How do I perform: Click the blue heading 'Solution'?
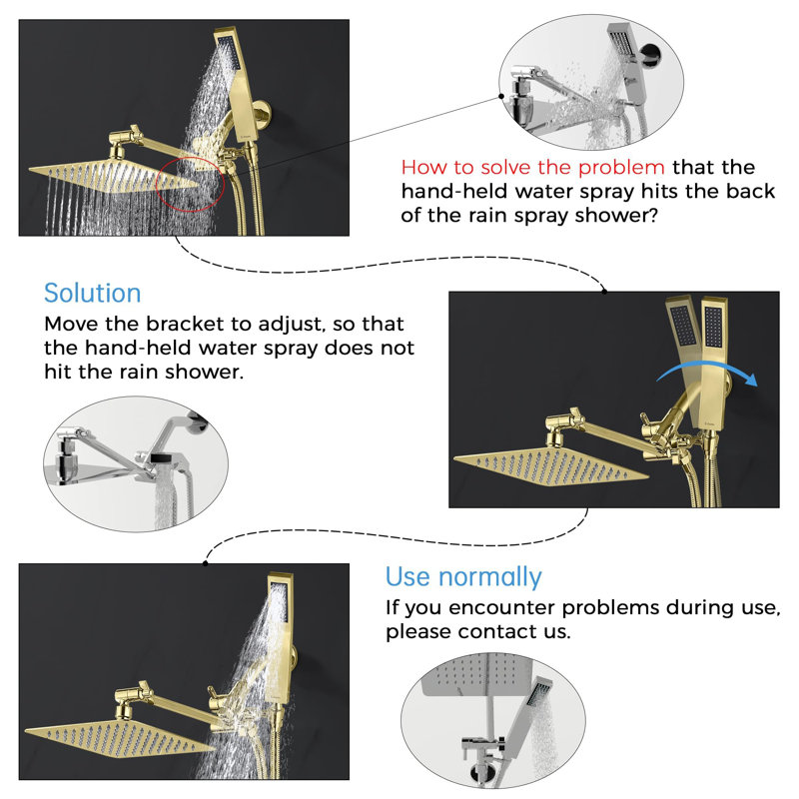[x=92, y=293]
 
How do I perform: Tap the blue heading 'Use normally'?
[x=463, y=577]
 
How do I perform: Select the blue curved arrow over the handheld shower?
[x=707, y=372]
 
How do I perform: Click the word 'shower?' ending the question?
[x=616, y=215]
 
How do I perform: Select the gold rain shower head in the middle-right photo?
[x=550, y=466]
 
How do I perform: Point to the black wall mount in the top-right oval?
[x=650, y=53]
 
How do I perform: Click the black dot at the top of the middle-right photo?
[x=604, y=292]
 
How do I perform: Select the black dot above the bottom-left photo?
[x=206, y=563]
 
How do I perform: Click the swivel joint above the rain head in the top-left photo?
[x=123, y=141]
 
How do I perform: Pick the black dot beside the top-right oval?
[x=501, y=96]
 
